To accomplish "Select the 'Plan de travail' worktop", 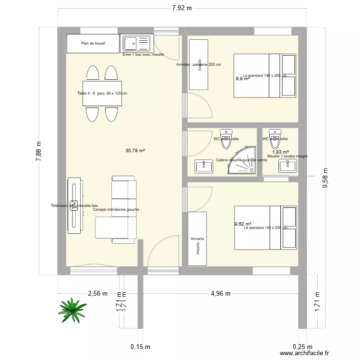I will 93,44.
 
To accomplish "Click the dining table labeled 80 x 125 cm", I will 102,94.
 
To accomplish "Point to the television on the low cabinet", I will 74,206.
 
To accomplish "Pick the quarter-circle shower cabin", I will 243,162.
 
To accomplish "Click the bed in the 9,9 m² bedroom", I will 265,75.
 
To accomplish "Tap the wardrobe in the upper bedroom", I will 199,65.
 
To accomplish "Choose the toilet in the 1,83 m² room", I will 275,138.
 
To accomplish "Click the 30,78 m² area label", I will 135,150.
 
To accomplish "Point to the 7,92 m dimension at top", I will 182,8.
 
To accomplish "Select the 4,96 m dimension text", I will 221,293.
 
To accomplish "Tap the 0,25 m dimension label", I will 302,347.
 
